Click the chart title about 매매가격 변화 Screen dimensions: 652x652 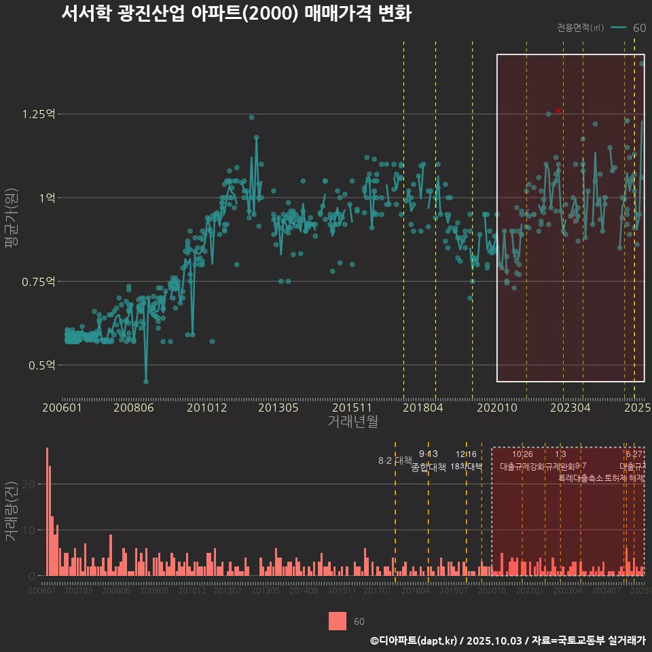coord(236,14)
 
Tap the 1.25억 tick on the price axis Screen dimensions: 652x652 coord(39,114)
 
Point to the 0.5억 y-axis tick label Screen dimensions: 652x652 coord(41,365)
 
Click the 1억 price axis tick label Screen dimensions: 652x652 coord(47,198)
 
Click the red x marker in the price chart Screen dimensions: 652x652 coord(558,110)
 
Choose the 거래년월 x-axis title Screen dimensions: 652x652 coord(352,421)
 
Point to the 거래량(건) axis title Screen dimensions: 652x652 coord(11,511)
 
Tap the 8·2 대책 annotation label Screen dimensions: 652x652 coord(395,460)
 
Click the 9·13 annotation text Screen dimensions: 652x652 coord(428,454)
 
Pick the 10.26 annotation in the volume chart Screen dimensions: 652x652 coord(522,454)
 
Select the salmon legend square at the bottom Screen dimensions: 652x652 coord(338,621)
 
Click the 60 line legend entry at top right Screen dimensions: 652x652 coord(628,28)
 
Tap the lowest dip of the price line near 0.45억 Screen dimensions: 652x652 coord(146,381)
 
